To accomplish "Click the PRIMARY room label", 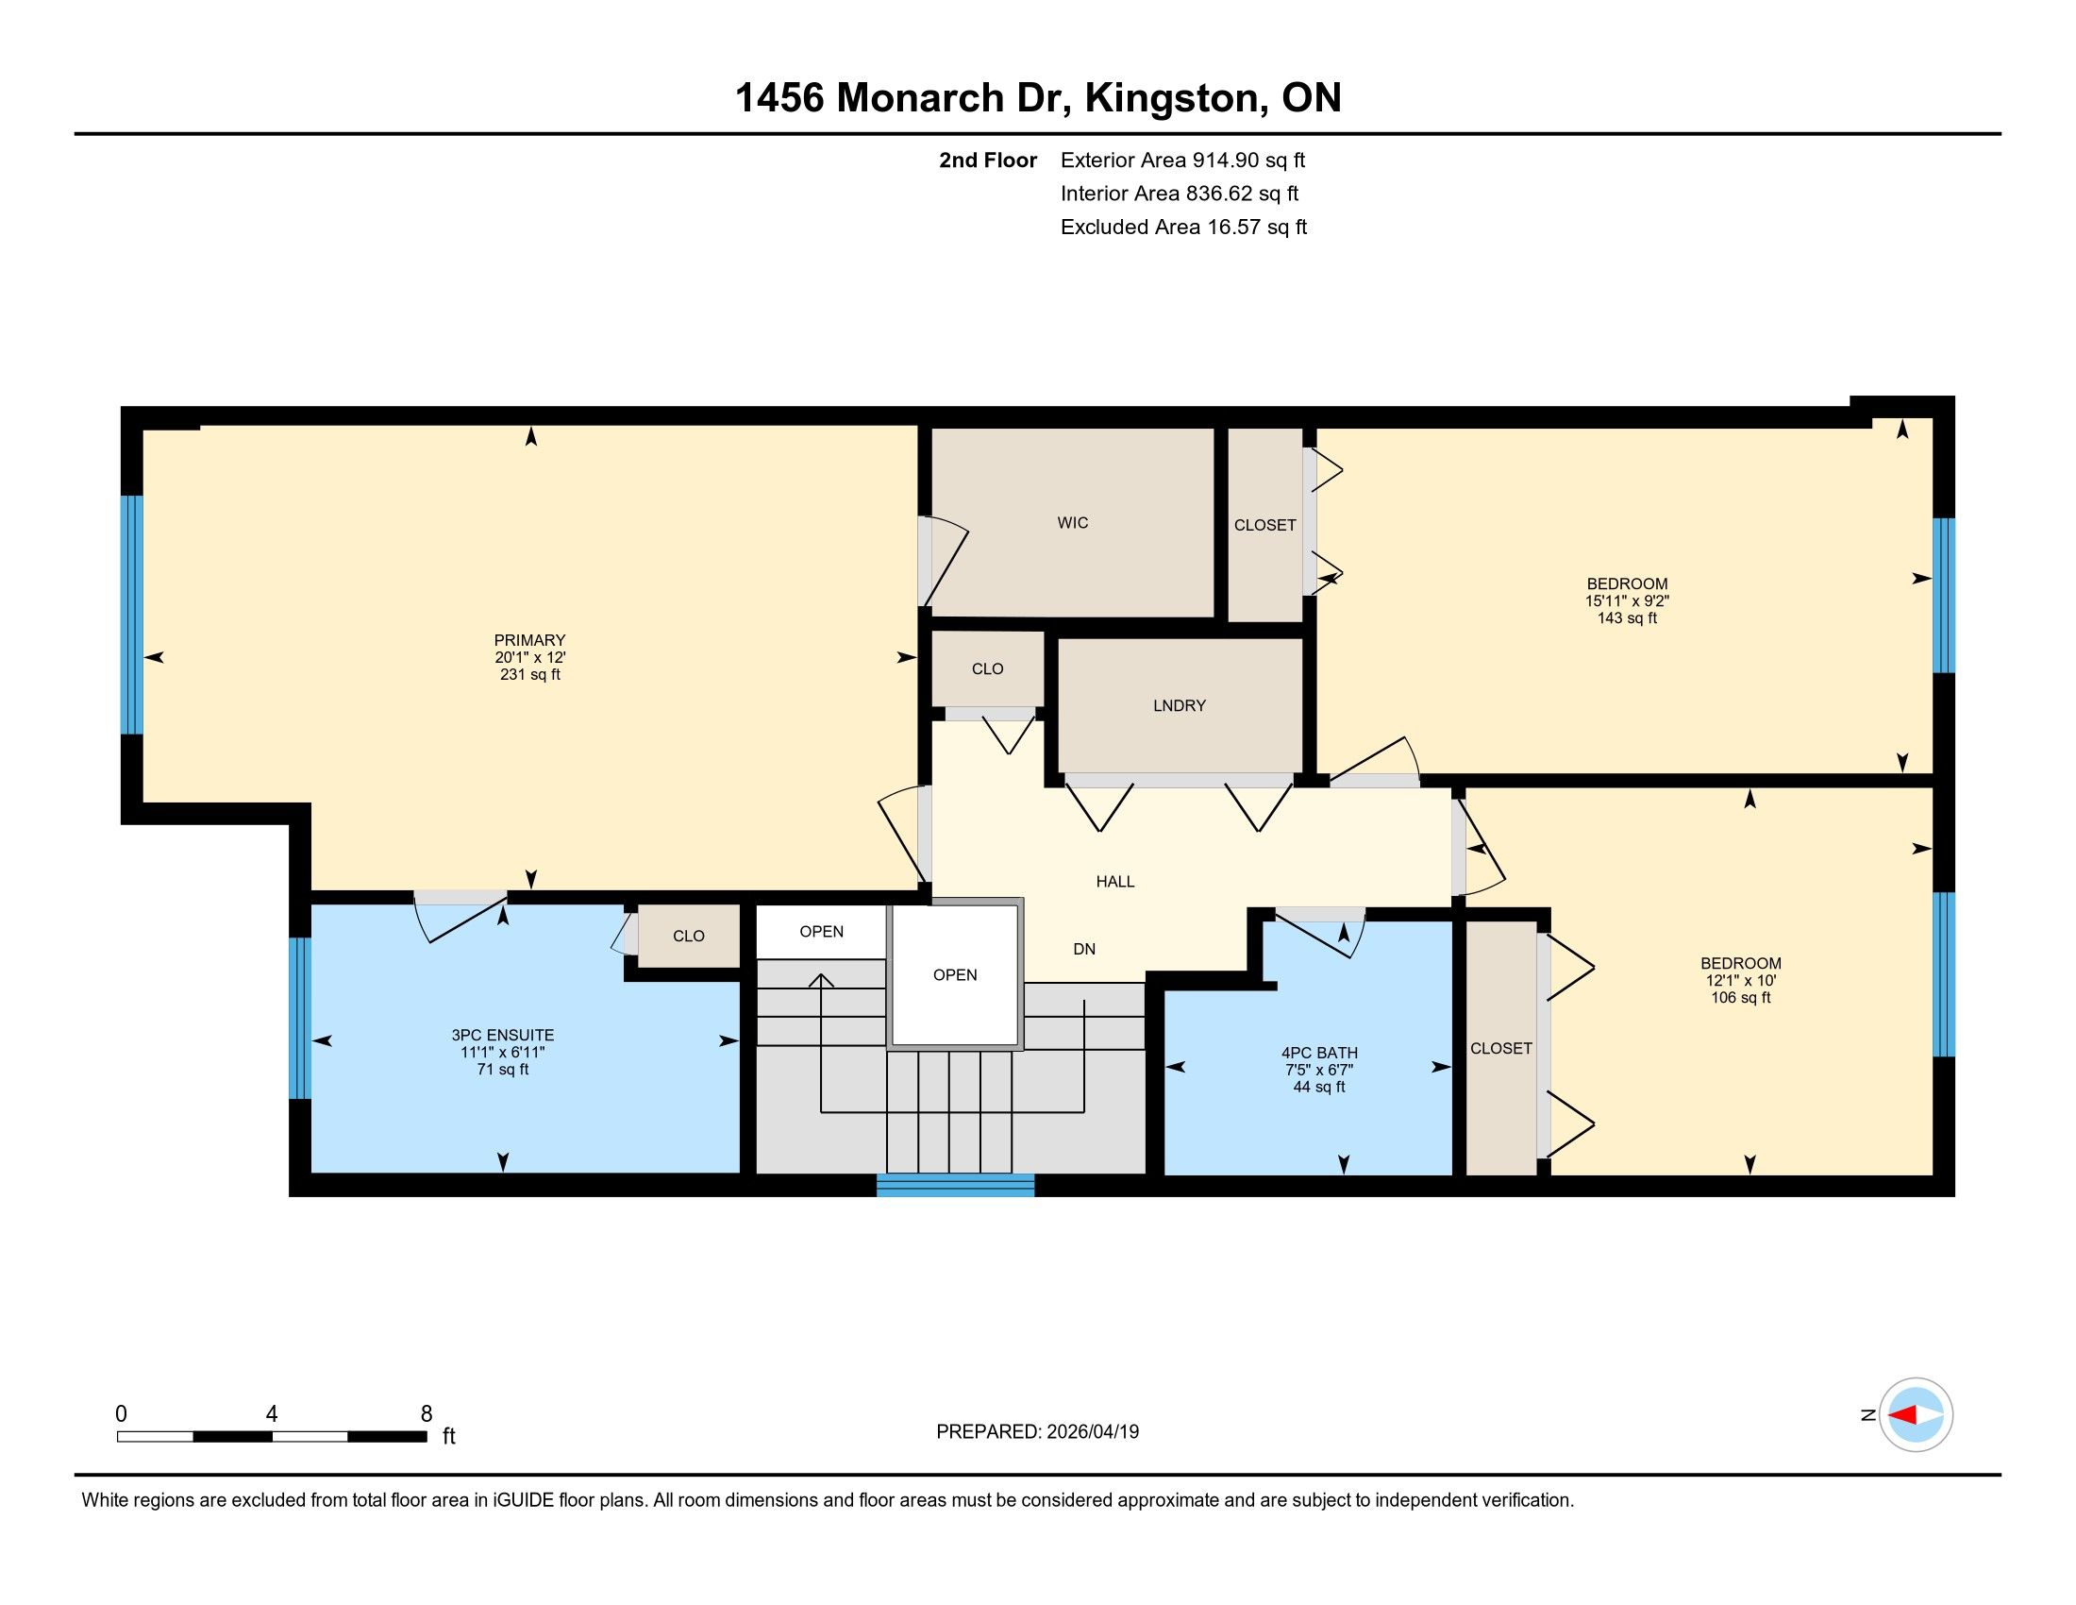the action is click(529, 640).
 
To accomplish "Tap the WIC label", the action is click(1072, 522).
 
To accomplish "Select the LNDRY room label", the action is click(1179, 705).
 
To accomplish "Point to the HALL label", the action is click(1115, 882).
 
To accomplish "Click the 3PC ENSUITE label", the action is click(503, 1036).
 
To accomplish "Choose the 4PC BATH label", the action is click(1319, 1053).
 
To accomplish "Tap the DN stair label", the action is click(1083, 949).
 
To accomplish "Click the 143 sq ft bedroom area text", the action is click(1628, 618).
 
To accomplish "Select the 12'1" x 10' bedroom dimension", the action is click(1740, 980).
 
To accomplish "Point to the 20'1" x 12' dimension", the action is click(529, 657).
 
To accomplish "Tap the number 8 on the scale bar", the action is click(426, 1414).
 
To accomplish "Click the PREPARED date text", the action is click(1037, 1431).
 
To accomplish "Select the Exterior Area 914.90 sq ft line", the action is click(1183, 160).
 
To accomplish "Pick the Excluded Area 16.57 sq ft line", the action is click(1183, 227).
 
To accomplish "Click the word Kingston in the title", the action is click(1174, 99).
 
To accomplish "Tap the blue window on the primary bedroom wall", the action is click(131, 616).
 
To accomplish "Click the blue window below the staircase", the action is click(954, 1185).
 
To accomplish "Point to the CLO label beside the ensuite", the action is click(688, 937).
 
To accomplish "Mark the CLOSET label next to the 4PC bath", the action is click(1501, 1048).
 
